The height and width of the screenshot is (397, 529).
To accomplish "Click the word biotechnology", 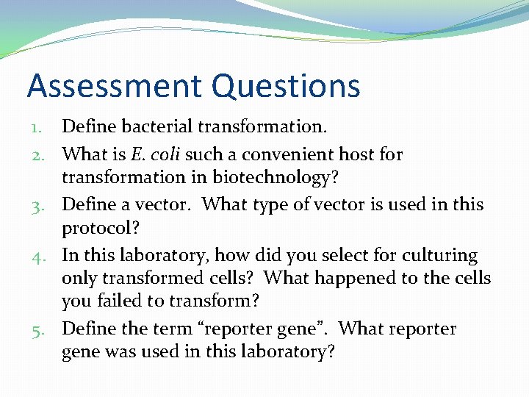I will click(x=281, y=178).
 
